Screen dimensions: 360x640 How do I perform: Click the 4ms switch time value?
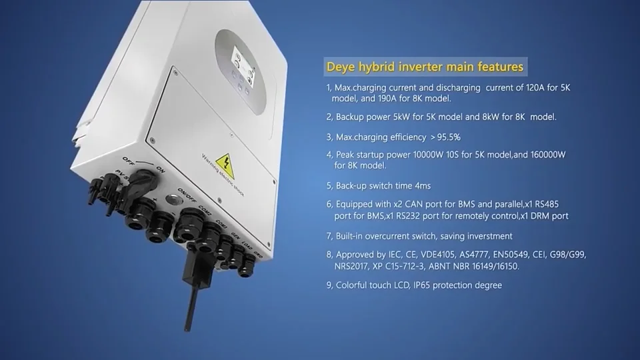click(430, 185)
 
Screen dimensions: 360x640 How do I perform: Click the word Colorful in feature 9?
click(353, 285)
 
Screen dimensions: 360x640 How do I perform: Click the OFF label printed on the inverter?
click(129, 160)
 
